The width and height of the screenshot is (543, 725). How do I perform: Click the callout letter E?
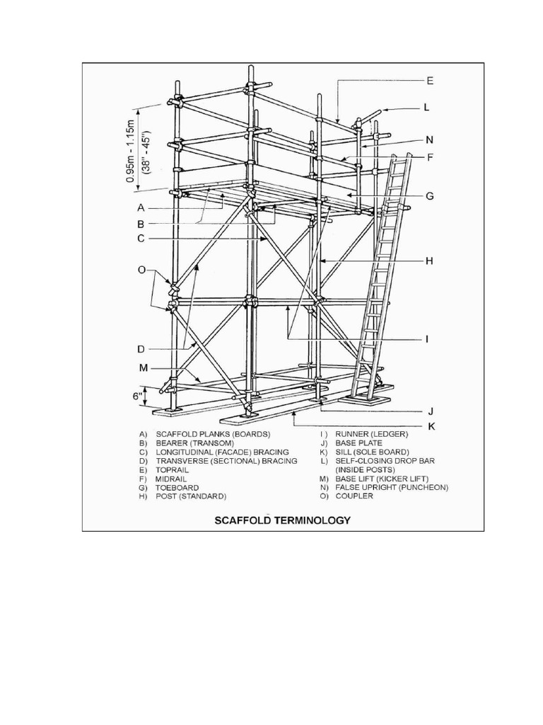point(431,81)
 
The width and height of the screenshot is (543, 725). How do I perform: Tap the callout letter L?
point(426,108)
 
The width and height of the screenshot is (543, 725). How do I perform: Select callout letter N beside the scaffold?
point(430,139)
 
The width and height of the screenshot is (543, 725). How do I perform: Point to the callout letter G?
point(430,195)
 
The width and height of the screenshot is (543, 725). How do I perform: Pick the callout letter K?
point(429,427)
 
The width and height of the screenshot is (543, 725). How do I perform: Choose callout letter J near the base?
point(429,410)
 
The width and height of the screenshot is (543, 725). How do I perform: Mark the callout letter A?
point(141,208)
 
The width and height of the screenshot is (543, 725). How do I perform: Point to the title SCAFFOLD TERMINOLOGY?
point(283,520)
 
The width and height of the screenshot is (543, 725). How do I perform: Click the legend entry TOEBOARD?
point(177,488)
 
